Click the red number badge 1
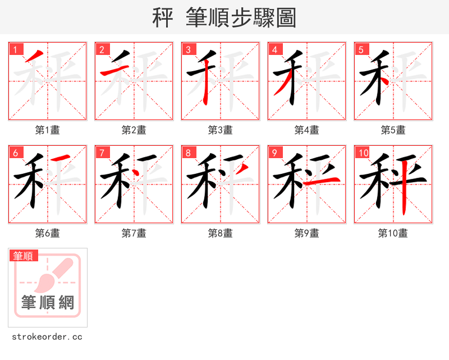pos(15,49)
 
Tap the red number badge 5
pos(361,49)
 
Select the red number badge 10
pos(362,153)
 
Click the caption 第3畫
pos(220,130)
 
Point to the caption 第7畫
pos(134,233)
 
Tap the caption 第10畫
pos(393,233)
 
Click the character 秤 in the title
pos(162,18)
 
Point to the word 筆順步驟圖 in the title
pos(236,18)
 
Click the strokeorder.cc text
pos(47,337)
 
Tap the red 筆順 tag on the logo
pos(24,256)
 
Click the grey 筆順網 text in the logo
pos(48,302)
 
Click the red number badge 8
pos(188,153)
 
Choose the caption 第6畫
pos(47,233)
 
